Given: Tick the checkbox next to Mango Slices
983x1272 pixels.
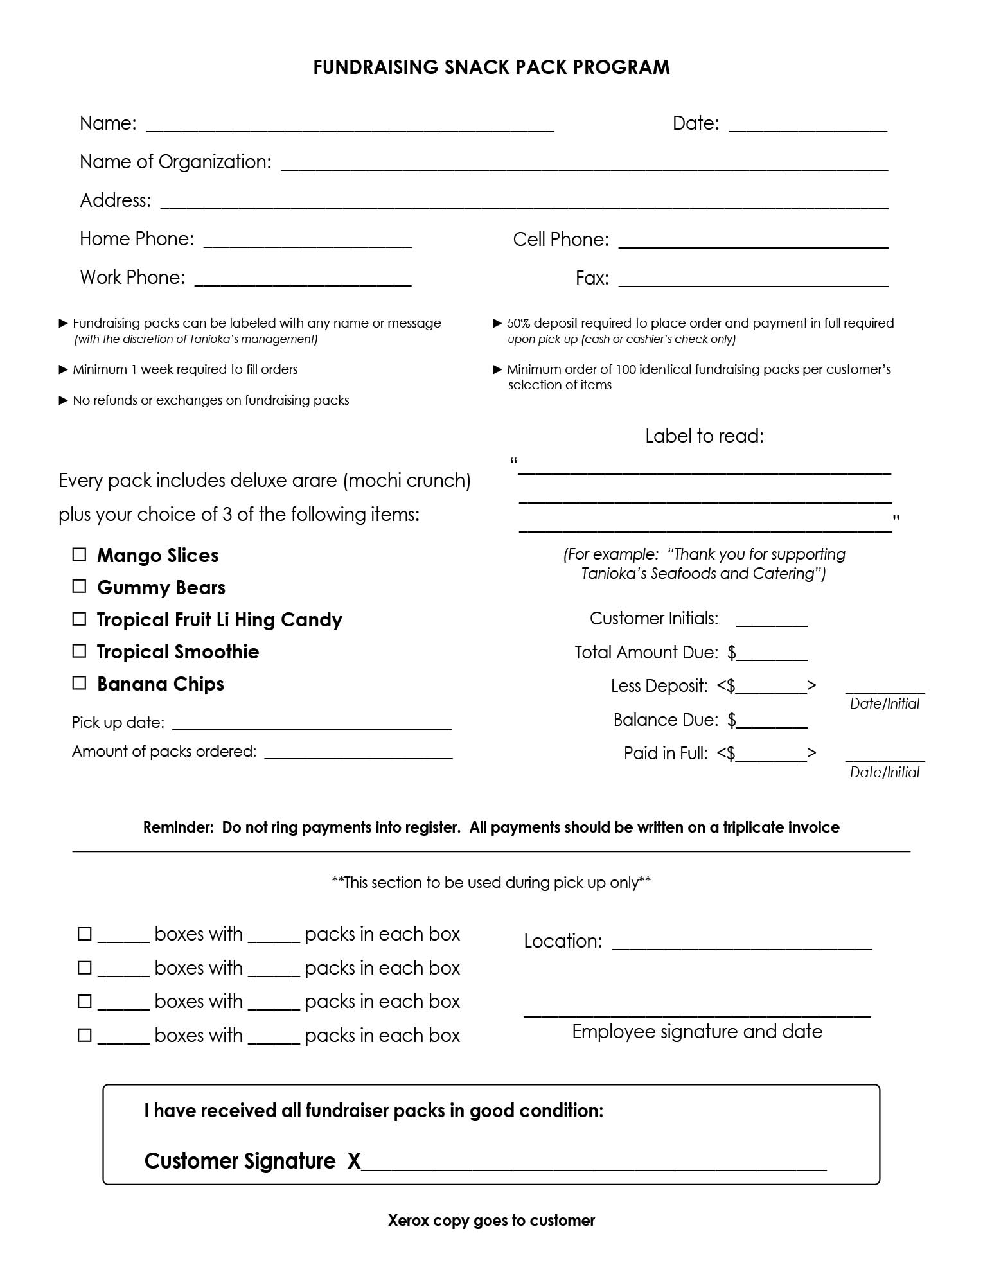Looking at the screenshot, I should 79,554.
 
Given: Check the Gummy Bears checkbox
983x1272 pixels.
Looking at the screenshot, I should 79,587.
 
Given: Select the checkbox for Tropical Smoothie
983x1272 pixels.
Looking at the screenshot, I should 79,651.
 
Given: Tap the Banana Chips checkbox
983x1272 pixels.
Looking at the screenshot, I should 79,683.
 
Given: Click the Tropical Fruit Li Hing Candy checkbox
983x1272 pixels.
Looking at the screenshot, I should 79,619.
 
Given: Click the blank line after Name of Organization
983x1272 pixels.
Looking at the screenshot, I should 584,166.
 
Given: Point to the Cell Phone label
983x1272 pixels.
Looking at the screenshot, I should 560,240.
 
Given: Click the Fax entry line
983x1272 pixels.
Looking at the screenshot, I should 753,281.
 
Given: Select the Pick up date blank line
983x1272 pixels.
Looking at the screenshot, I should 312,726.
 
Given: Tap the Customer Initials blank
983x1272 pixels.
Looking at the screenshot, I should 771,622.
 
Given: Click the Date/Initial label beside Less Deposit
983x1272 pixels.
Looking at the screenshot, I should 884,704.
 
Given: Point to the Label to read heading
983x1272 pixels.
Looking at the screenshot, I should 704,436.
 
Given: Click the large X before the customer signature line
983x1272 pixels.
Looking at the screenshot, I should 354,1161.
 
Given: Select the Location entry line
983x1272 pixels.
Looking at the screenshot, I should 741,945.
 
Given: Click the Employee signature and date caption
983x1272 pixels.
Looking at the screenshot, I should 696,1032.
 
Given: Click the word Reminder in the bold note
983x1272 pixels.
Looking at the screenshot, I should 178,827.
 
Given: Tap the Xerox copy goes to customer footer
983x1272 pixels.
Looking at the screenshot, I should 491,1221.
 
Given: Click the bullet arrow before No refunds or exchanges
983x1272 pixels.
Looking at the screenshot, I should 63,400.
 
